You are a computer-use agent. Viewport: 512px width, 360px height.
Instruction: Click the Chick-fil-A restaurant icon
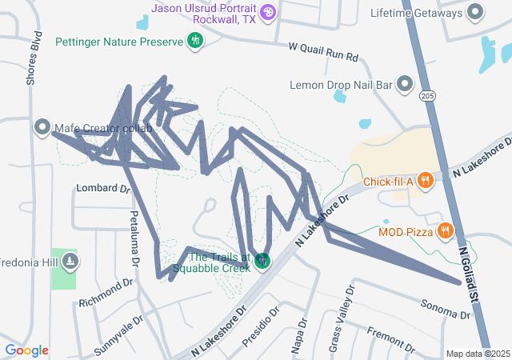coord(425,181)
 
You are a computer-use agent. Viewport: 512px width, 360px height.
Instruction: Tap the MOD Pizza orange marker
coord(446,232)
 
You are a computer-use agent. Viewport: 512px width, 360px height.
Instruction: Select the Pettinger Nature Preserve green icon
coord(194,40)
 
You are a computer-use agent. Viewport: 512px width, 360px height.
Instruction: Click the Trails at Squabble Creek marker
coord(263,261)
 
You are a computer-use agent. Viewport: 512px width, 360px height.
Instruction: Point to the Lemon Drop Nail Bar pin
coord(405,84)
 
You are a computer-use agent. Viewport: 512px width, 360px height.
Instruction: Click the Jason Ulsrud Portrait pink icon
coord(268,11)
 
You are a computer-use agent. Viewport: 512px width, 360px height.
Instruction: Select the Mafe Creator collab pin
coord(42,127)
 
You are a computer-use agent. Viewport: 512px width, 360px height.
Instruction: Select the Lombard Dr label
coord(102,189)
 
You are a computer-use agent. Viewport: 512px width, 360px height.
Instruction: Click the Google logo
coord(26,350)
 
